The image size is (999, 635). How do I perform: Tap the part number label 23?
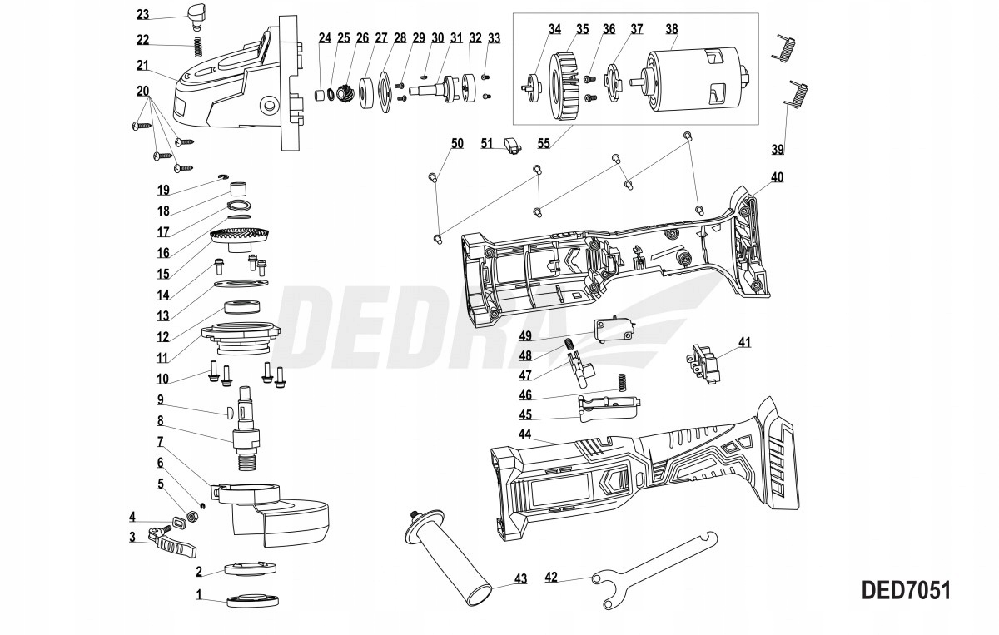143,14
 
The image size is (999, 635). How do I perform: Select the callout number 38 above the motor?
671,27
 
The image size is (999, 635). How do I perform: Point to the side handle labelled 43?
450,556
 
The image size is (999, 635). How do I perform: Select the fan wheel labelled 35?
569,83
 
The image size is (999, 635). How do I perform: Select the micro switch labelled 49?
614,331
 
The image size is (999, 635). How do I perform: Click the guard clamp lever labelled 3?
177,543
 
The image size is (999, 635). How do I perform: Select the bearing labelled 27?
365,89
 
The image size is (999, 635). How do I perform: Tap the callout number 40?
777,177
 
